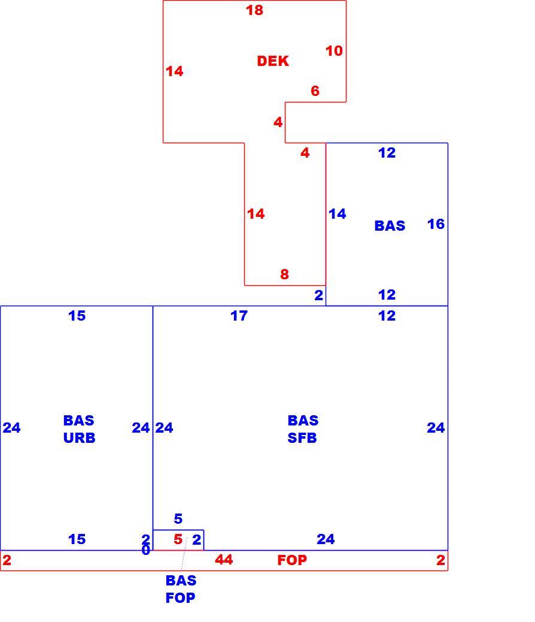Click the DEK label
[x=273, y=61]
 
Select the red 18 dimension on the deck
[x=254, y=10]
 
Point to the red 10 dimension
[x=334, y=51]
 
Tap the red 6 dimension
[x=315, y=91]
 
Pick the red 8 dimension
[x=284, y=274]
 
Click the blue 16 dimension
[x=436, y=224]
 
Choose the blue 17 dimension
[x=239, y=316]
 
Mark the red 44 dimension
[x=224, y=560]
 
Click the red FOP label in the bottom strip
[x=292, y=560]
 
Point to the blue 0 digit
[x=146, y=550]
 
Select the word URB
[x=79, y=438]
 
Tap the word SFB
[x=302, y=438]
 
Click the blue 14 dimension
[x=338, y=214]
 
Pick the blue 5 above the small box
[x=178, y=518]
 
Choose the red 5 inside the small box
[x=178, y=539]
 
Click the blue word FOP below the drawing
[x=180, y=598]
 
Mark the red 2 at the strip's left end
[x=7, y=560]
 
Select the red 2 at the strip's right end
[x=440, y=560]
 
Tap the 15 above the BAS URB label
[x=77, y=316]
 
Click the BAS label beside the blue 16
[x=390, y=226]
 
